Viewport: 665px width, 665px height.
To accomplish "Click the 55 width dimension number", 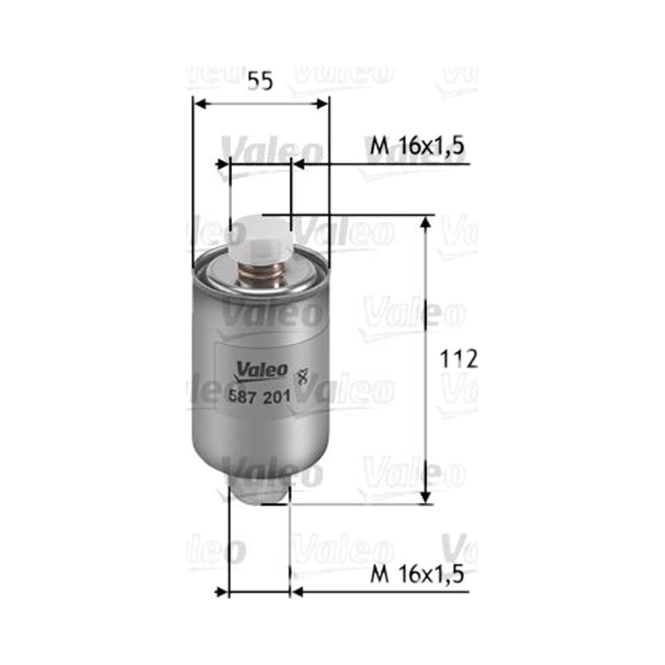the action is click(x=260, y=81).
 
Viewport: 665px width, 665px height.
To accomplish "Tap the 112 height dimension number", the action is click(x=459, y=359).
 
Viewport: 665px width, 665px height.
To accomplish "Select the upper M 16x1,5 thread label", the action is click(x=417, y=146).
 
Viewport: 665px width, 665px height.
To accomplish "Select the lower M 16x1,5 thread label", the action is click(x=417, y=574).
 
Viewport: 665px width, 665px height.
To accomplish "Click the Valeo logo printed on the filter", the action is click(x=262, y=370).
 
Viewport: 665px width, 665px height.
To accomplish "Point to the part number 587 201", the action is click(x=259, y=397).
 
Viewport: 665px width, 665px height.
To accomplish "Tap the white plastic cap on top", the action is click(x=259, y=240).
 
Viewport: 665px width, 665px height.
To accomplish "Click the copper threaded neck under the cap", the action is click(x=260, y=275).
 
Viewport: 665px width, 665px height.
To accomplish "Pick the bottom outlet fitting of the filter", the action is click(x=259, y=492).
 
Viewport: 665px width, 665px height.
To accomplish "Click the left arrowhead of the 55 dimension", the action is click(x=200, y=104).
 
